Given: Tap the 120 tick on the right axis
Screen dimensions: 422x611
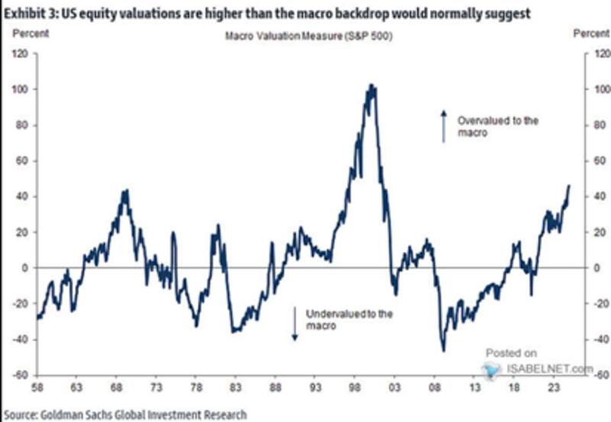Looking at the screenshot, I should [x=592, y=54].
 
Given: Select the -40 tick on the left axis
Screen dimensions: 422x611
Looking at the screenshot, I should [x=19, y=340].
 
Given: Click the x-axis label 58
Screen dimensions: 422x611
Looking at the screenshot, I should [x=37, y=388].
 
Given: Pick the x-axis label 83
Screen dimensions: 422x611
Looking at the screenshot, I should [x=236, y=388].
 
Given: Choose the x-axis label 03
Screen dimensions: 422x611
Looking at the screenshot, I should [x=395, y=388].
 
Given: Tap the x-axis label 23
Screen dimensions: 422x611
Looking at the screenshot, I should [x=553, y=388].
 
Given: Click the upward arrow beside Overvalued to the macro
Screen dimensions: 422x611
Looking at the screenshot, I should [x=443, y=124].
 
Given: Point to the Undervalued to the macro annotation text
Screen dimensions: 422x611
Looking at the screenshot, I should [x=348, y=319].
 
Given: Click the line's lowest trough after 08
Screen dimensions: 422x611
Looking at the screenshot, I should [x=443, y=350].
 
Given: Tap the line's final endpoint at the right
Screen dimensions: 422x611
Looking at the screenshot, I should [x=569, y=185].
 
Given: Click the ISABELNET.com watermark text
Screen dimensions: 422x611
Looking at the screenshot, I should [x=548, y=369].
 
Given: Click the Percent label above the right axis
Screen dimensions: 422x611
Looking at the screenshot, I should [x=591, y=34].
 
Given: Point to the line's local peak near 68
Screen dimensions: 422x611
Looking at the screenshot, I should [x=125, y=191].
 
